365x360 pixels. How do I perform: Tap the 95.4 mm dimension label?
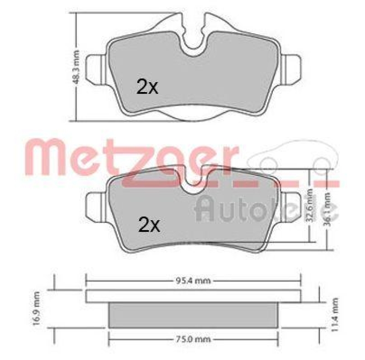coord(194,281)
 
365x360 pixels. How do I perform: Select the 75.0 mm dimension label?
coord(194,339)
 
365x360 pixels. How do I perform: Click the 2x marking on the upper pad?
coord(147,86)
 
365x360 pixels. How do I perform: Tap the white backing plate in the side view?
coord(193,296)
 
